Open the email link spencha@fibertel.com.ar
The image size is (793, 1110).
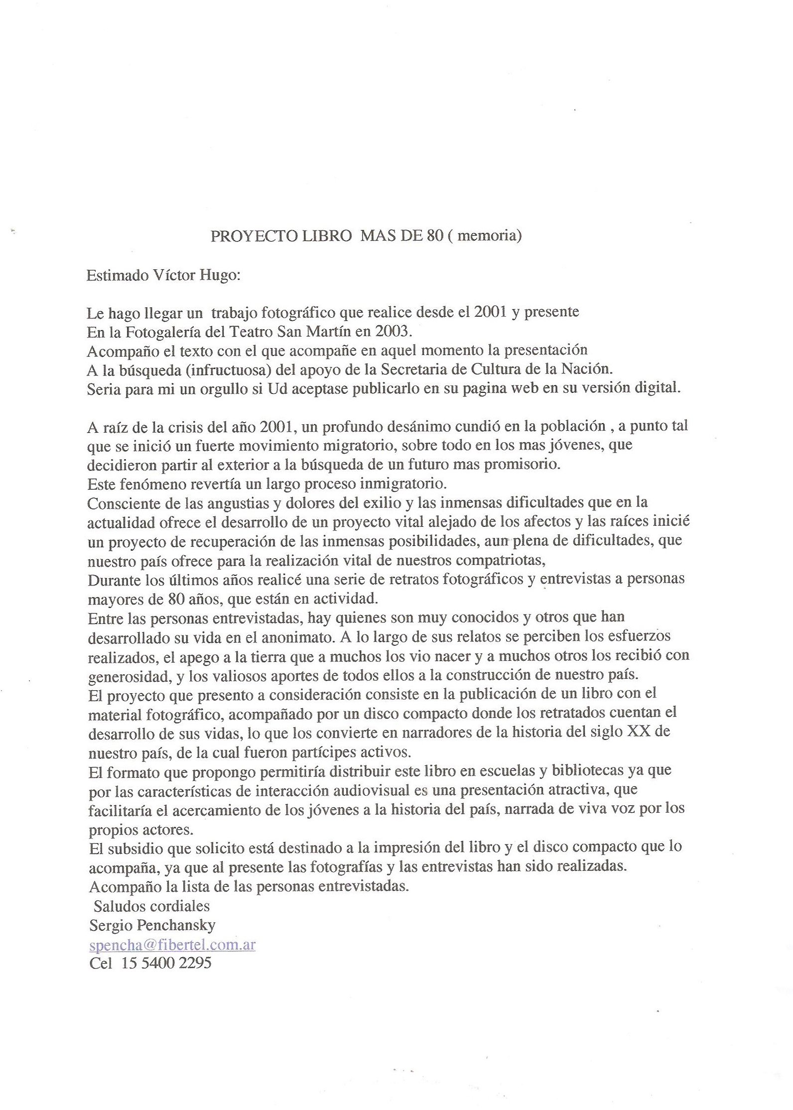click(172, 945)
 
